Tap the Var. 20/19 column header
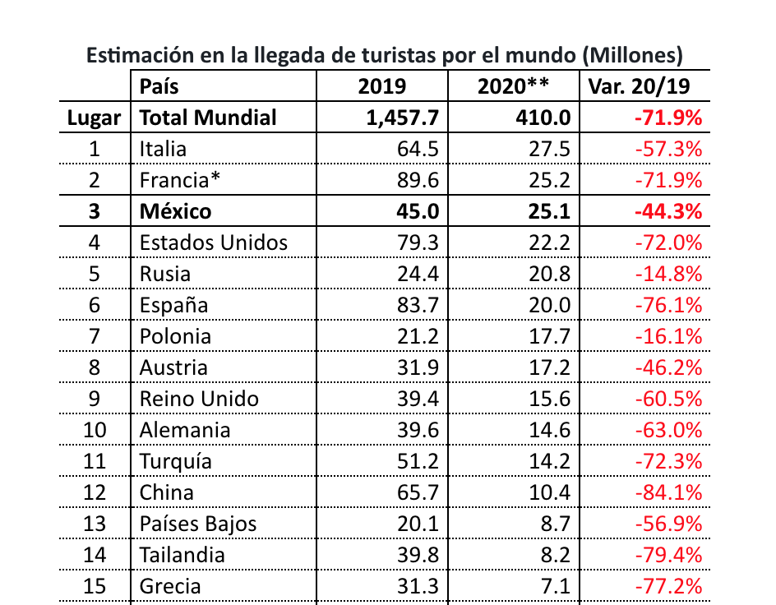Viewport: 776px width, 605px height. pos(644,86)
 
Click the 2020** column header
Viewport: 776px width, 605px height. pos(513,86)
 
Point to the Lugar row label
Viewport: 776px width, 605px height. pos(95,118)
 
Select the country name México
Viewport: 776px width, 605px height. pos(175,211)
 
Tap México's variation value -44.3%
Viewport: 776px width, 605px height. pos(667,211)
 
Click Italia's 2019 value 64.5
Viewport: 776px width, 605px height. pos(418,149)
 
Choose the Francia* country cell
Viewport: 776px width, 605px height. pos(176,180)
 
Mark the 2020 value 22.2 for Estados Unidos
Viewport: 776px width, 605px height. pos(550,242)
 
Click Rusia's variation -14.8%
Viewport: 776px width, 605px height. pos(668,274)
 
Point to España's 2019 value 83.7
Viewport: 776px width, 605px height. pos(418,305)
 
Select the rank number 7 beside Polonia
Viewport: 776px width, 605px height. pos(95,336)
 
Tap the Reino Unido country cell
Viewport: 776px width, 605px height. pos(199,399)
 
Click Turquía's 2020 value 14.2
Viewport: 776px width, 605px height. pos(550,461)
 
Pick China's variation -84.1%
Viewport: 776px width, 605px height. pos(668,492)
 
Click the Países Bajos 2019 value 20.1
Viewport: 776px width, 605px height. pos(418,524)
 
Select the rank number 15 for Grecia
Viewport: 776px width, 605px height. pos(95,586)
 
